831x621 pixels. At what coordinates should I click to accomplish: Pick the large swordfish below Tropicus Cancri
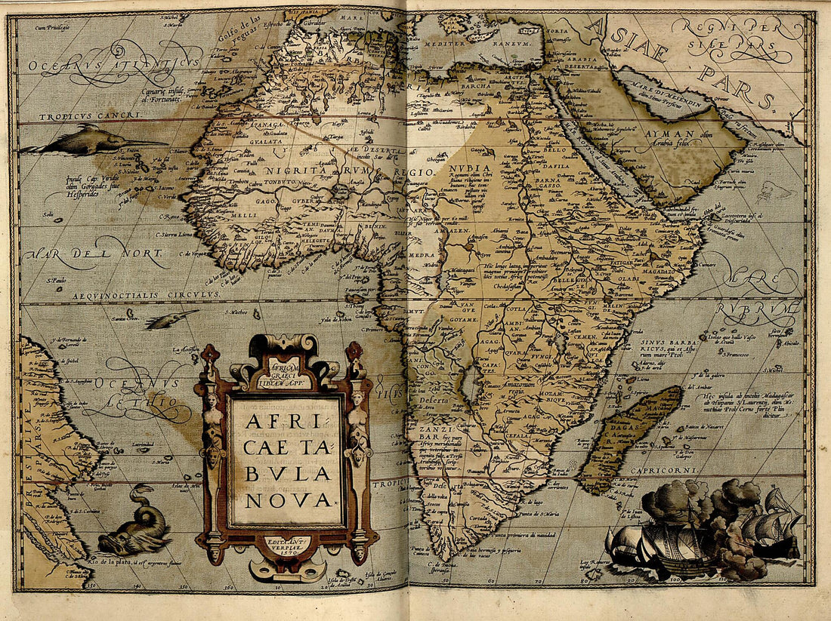(x=91, y=141)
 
